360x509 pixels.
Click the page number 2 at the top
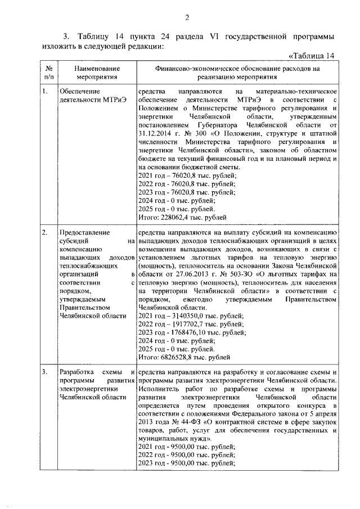click(x=186, y=17)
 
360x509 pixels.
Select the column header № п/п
click(x=49, y=71)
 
